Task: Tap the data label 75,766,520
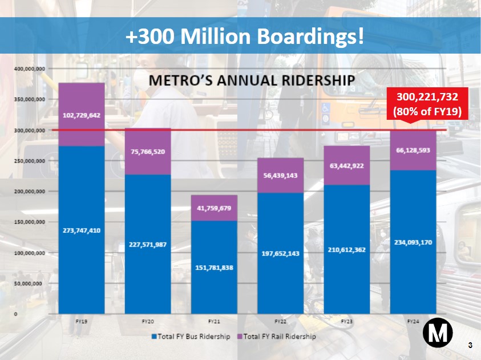point(148,152)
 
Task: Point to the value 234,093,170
point(413,242)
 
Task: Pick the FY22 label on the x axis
point(280,322)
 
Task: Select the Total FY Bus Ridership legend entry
point(191,337)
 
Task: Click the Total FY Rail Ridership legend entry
point(276,337)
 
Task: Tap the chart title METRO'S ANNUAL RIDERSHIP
point(252,79)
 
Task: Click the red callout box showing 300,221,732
point(427,103)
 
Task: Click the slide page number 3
point(470,345)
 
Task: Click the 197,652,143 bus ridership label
point(280,253)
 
